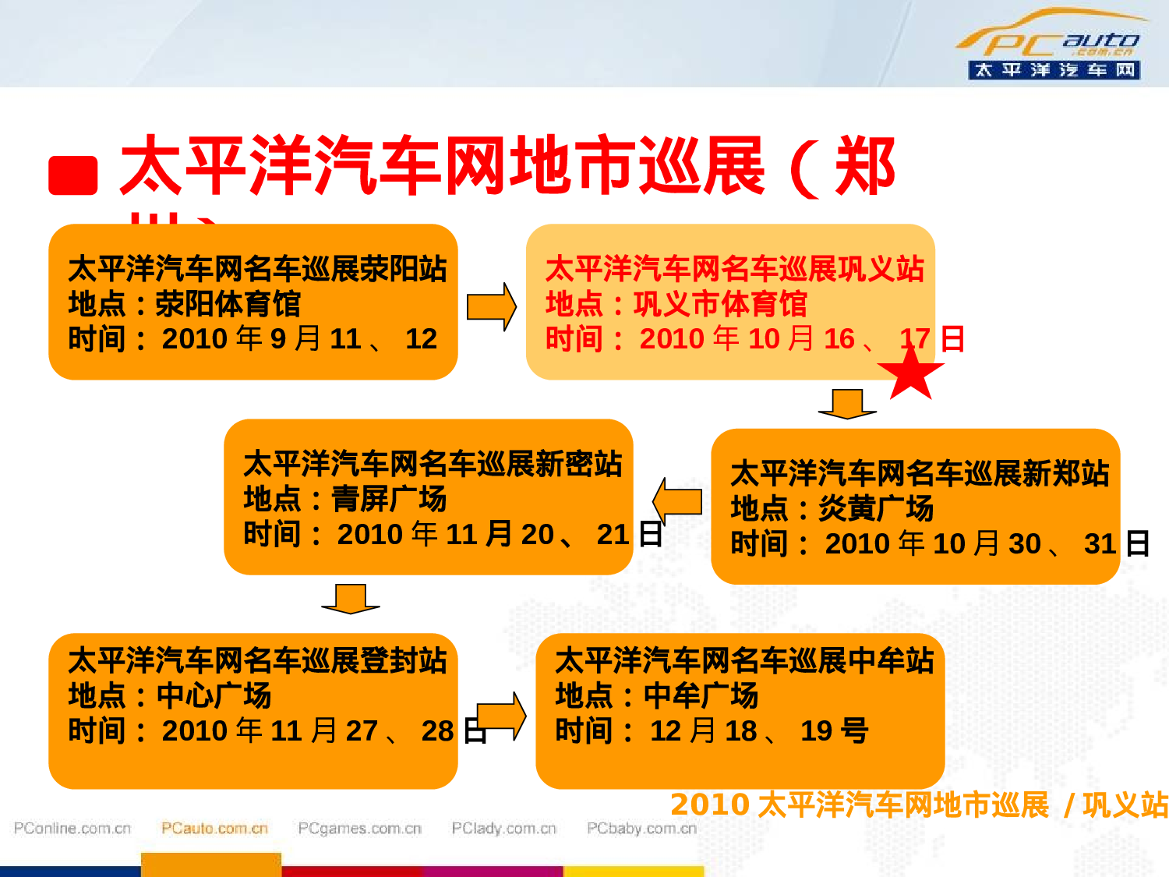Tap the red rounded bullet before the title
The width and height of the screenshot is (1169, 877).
tap(73, 175)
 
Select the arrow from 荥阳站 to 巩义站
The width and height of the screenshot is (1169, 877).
tap(491, 306)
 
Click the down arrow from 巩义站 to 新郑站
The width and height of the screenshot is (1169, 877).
tap(847, 404)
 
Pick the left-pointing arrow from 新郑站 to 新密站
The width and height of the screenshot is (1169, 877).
tap(677, 500)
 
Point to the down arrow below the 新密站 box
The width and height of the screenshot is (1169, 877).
tap(351, 599)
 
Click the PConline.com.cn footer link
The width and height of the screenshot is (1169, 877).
tap(72, 828)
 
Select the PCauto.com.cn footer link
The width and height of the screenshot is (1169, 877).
tap(214, 828)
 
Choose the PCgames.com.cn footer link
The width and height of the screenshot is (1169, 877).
tap(359, 828)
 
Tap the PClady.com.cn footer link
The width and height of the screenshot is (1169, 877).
tap(503, 828)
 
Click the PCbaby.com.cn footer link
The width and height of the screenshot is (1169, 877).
tap(641, 828)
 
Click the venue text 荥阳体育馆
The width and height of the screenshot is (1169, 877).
tap(228, 304)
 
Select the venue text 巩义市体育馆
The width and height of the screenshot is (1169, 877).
tap(720, 304)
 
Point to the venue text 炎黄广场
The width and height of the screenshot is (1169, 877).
tap(876, 508)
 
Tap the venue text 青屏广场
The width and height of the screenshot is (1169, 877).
tap(389, 499)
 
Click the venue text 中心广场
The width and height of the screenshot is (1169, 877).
tap(214, 695)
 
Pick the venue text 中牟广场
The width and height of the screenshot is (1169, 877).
tap(701, 695)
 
